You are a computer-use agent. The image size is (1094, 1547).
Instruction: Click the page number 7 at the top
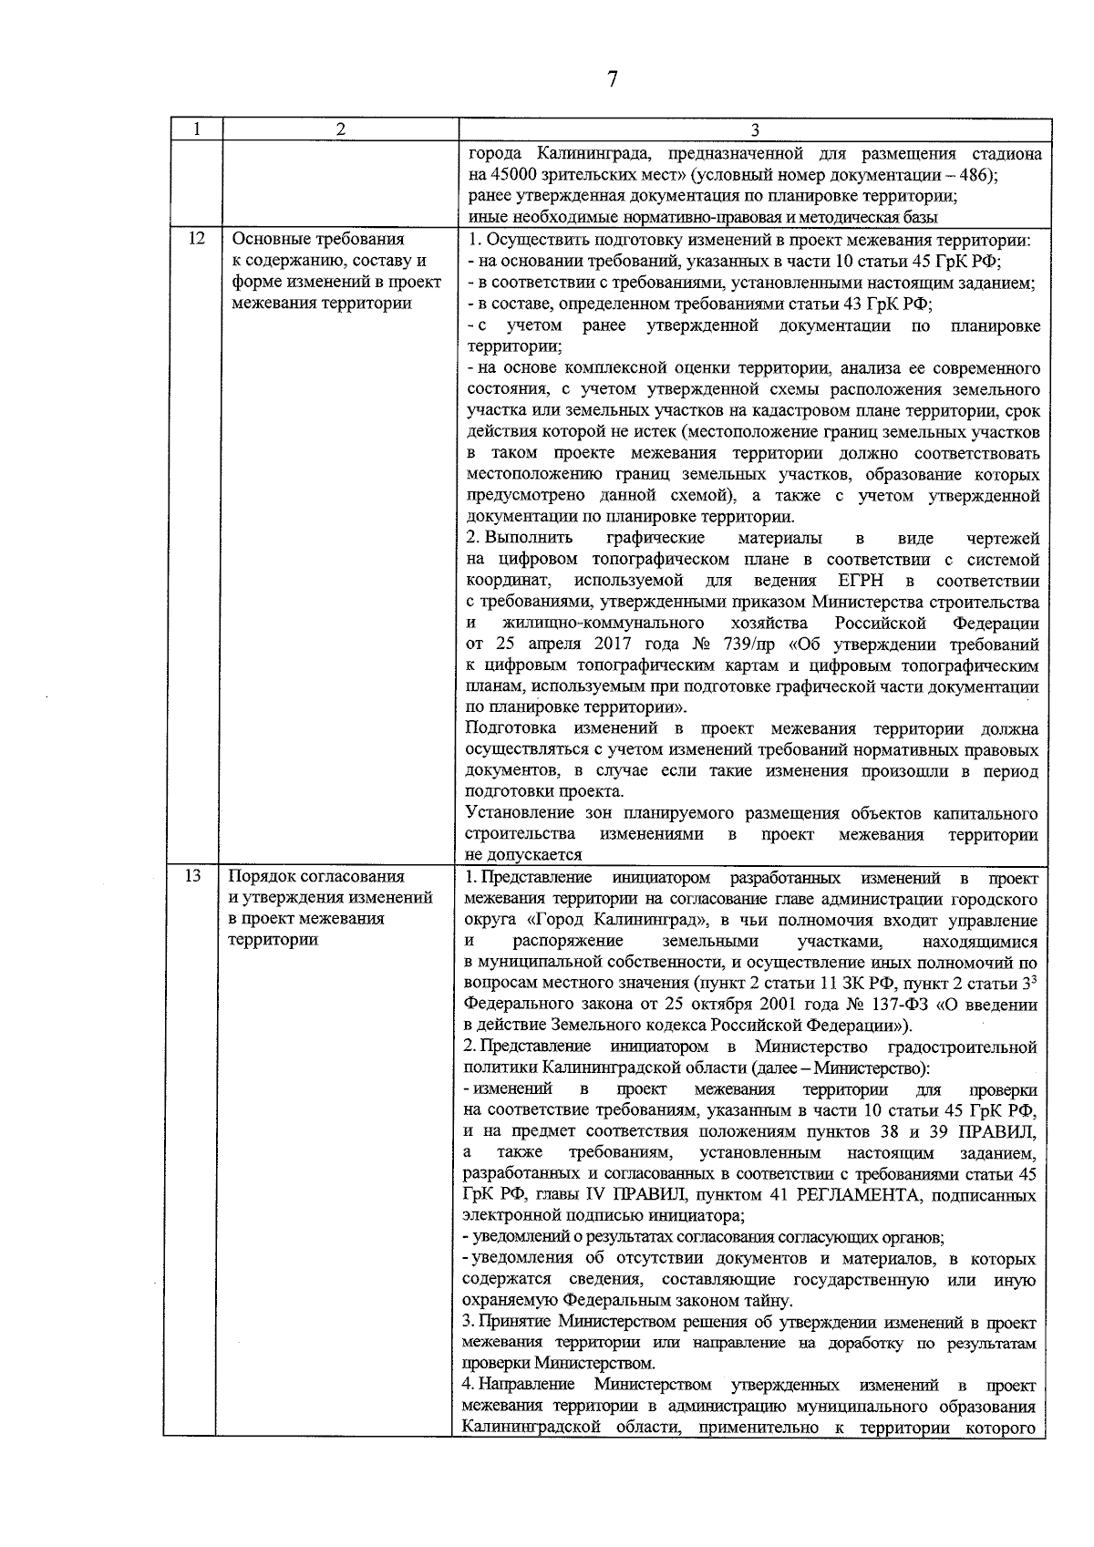coord(613,79)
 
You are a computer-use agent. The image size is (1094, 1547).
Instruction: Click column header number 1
coord(195,130)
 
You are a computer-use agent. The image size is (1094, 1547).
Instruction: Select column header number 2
coord(340,130)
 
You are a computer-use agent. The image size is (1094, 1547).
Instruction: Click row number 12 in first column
coord(195,240)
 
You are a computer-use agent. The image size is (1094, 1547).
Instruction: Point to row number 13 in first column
coord(192,877)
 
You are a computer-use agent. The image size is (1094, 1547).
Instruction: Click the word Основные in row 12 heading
coord(270,240)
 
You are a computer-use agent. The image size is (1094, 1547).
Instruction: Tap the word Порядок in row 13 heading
coord(264,877)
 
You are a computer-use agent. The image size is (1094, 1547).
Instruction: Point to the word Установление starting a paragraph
coord(515,813)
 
